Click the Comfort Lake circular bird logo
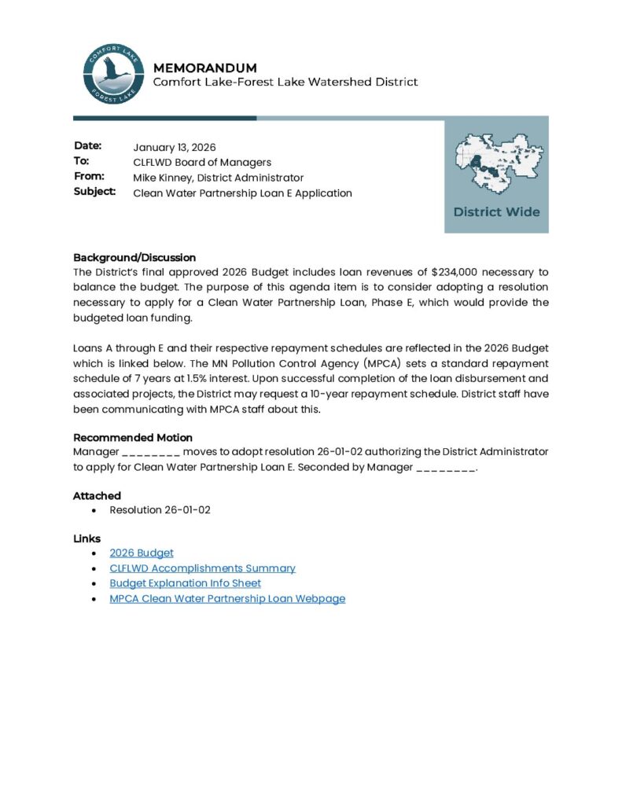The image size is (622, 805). pyautogui.click(x=112, y=74)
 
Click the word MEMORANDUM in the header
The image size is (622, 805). pyautogui.click(x=204, y=68)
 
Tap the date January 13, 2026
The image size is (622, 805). pyautogui.click(x=175, y=147)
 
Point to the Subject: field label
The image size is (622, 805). pyautogui.click(x=94, y=192)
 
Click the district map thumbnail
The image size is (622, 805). pyautogui.click(x=496, y=164)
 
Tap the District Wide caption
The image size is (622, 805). pyautogui.click(x=496, y=211)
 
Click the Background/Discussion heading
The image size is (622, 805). pyautogui.click(x=134, y=257)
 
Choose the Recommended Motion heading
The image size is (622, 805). pyautogui.click(x=133, y=437)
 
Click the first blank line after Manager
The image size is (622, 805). pyautogui.click(x=152, y=452)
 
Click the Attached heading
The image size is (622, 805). pyautogui.click(x=97, y=495)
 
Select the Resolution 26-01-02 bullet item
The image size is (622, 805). pyautogui.click(x=160, y=510)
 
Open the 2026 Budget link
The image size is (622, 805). pyautogui.click(x=142, y=553)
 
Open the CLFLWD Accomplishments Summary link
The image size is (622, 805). pyautogui.click(x=203, y=568)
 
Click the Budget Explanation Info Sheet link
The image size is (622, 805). pyautogui.click(x=186, y=583)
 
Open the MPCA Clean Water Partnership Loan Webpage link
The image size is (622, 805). pyautogui.click(x=227, y=598)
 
